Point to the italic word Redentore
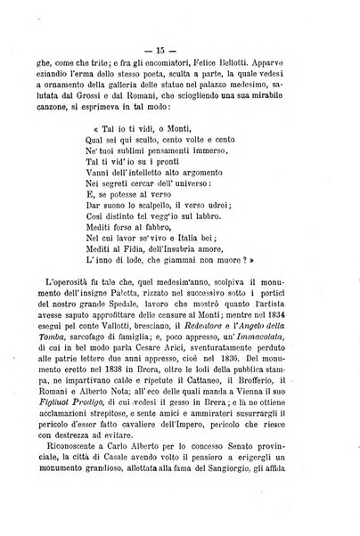pos(200,333)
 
